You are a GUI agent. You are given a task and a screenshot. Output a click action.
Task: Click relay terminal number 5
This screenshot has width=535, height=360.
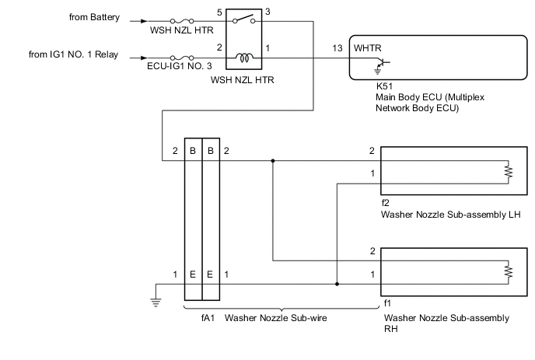[x=219, y=12]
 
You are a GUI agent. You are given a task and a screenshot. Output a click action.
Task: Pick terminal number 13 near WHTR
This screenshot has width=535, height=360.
[x=337, y=48]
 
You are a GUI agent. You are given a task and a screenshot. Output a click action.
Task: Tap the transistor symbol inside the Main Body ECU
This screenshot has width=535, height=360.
[x=380, y=64]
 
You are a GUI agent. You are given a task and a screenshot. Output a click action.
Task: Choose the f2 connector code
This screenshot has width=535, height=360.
[x=386, y=202]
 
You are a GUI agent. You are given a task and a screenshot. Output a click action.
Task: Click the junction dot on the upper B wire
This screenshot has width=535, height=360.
[x=273, y=162]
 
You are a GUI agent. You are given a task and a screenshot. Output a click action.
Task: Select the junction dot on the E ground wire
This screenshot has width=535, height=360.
[x=337, y=284]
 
